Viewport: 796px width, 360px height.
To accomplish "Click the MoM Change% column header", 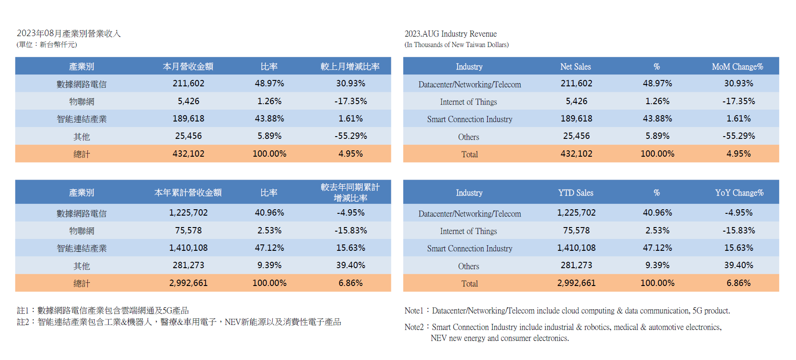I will coord(737,67).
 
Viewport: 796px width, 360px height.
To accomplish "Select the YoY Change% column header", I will coord(739,193).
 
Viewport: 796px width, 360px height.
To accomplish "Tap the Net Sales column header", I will coord(575,67).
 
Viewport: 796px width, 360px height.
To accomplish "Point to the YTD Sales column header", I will coord(575,193).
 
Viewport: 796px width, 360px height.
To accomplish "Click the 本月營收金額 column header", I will coord(188,67).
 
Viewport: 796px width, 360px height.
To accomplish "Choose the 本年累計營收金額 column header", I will coord(188,193).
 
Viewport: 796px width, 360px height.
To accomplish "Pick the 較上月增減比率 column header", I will coord(350,67).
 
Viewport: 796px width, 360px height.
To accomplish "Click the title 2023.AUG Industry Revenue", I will coord(450,34).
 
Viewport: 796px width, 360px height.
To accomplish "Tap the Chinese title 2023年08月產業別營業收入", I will coord(69,33).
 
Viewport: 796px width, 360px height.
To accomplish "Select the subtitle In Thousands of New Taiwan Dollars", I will coord(456,45).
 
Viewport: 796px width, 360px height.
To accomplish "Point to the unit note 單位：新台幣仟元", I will coord(47,45).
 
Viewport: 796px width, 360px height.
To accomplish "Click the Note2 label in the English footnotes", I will coord(414,327).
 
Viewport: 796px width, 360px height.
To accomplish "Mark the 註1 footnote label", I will coord(23,311).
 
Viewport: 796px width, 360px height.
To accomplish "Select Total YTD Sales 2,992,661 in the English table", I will coord(576,283).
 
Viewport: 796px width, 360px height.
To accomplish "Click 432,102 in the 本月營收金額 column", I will coord(188,154).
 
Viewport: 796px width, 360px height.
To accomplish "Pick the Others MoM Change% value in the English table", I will coord(738,136).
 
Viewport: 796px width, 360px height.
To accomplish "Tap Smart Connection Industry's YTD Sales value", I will coord(576,248).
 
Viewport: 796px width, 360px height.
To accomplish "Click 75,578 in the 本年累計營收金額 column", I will coord(188,231).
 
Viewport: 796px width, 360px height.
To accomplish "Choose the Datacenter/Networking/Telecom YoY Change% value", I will coord(738,213).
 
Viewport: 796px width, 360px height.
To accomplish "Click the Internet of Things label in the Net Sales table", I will coord(468,102).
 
